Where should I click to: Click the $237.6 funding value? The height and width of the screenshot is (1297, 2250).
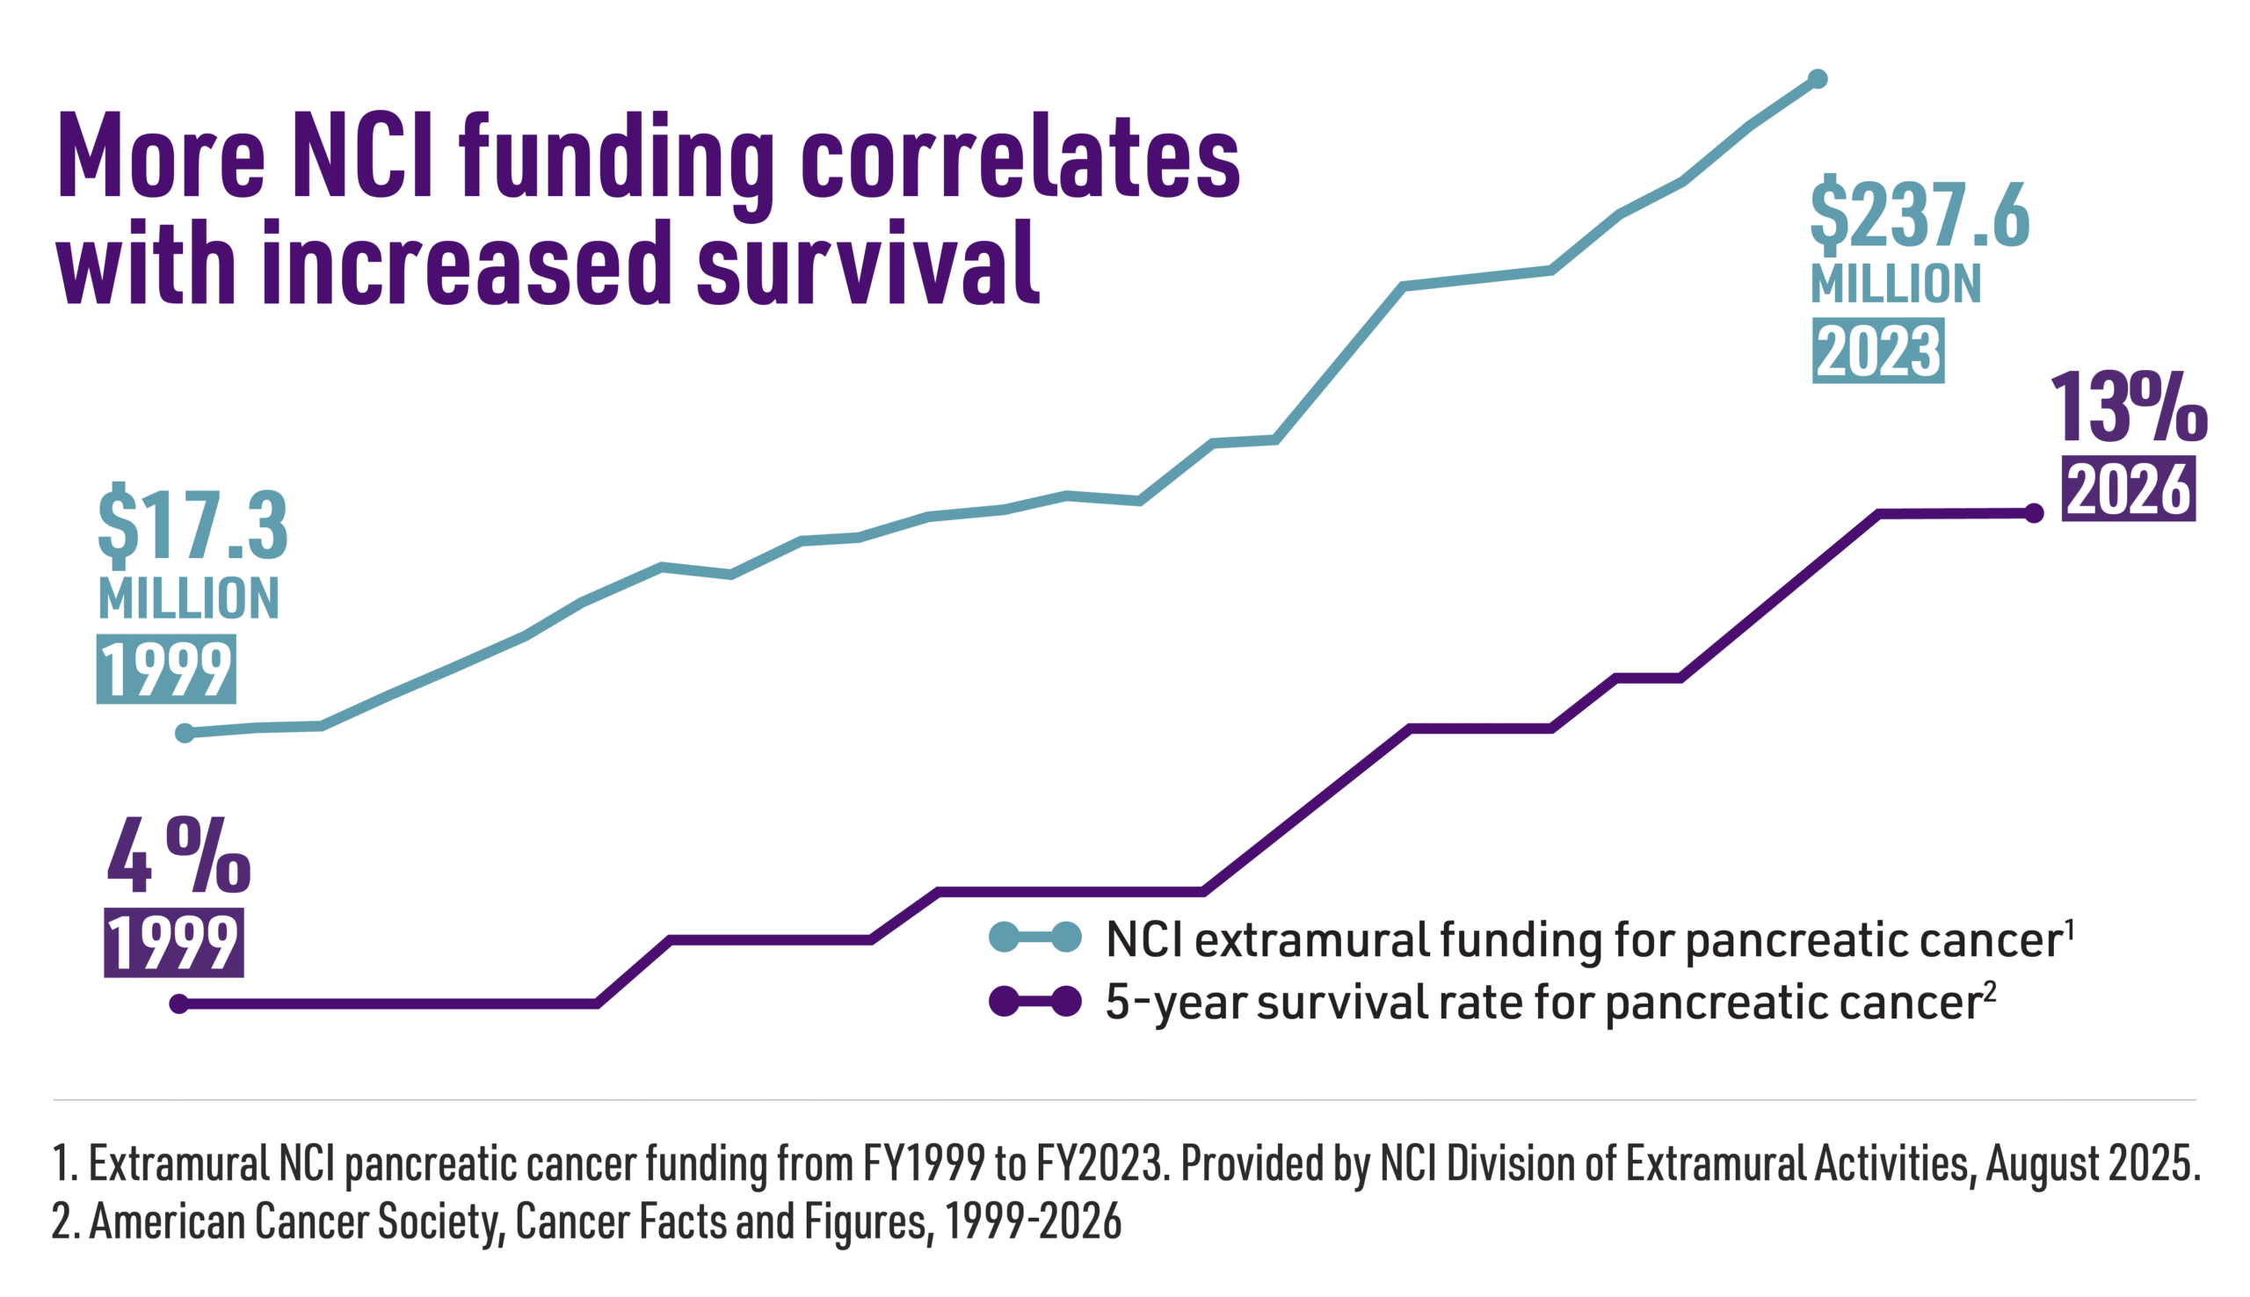coord(1920,214)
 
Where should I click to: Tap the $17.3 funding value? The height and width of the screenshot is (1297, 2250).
coord(192,525)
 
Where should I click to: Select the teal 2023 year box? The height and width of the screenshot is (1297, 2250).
coord(1877,351)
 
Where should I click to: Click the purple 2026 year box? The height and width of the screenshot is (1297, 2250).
coord(2127,489)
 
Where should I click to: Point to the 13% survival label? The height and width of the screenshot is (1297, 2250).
coord(2128,408)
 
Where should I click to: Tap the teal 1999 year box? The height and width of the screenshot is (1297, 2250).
coord(166,669)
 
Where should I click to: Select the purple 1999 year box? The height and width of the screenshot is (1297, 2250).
coord(174,944)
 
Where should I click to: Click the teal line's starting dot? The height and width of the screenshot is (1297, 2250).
coord(185,733)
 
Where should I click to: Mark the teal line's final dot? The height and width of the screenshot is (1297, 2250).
coord(1818,79)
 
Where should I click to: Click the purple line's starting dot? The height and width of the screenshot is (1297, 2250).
coord(179,1004)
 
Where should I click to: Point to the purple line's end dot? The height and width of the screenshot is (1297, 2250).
coord(2034,513)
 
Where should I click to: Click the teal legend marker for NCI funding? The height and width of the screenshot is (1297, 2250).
coord(1035,937)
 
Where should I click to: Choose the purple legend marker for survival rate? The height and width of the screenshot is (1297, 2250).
coord(1035,1001)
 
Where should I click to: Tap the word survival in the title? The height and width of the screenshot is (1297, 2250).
coord(867,264)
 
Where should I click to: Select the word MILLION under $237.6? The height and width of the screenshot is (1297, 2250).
coord(1896,284)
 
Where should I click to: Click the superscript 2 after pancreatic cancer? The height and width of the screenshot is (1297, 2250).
coord(1990,989)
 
